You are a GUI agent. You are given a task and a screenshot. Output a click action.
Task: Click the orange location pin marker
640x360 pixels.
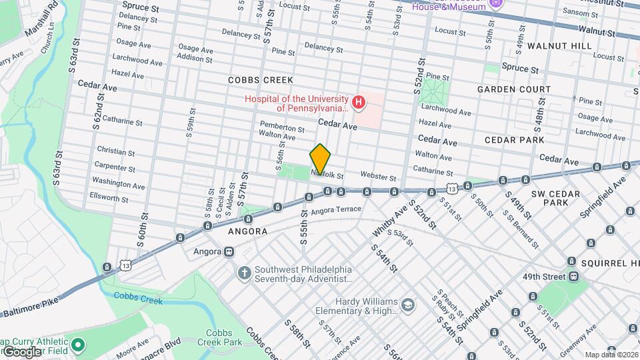pos(321,159)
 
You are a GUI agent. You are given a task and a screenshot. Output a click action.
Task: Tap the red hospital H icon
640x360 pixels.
pos(359,102)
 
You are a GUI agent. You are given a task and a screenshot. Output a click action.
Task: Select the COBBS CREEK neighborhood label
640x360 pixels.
pos(256,80)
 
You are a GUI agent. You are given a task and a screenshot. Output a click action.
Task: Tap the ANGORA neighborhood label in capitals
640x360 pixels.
pos(247,231)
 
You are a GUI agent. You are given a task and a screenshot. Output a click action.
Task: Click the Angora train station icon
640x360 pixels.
pos(229,252)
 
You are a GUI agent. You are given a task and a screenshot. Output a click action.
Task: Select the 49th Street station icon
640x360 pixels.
pos(573,277)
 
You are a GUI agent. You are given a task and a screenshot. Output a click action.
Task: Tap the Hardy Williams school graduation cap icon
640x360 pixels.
pos(407,305)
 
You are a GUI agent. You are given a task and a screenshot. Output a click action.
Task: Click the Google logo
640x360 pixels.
pos(21,351)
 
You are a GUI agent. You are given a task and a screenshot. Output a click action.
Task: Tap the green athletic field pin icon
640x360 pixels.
pos(78,345)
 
